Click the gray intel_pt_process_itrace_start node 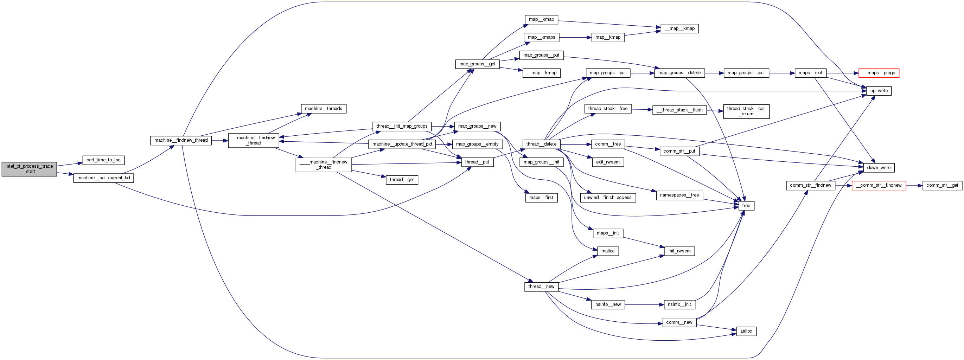pos(29,169)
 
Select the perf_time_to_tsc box pos(103,160)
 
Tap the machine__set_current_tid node pos(103,178)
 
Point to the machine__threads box pos(323,109)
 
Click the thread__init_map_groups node pos(402,126)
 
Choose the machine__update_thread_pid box pos(402,144)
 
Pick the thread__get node pos(402,180)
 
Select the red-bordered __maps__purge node pos(878,73)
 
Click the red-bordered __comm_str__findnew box pos(878,185)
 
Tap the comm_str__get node pos(942,185)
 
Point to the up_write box pos(879,91)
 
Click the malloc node pos(608,251)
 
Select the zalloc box pos(746,331)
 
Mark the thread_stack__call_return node pos(746,111)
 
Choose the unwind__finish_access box pos(607,198)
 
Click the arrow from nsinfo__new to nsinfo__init pos(644,304)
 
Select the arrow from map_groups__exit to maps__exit pos(782,73)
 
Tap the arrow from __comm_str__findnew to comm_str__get pos(914,185)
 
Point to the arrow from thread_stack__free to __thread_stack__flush pos(642,109)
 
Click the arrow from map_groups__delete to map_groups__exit pos(714,73)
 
